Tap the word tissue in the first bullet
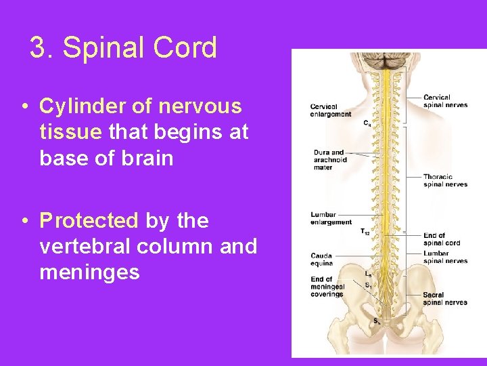[69, 132]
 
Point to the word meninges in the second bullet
[89, 272]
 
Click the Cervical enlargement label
[331, 110]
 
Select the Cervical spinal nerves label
[445, 101]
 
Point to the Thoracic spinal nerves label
[445, 180]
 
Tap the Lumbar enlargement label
[331, 218]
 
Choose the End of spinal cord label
[442, 239]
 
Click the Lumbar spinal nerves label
[445, 257]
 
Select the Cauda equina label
[322, 260]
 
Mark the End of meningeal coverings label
[328, 286]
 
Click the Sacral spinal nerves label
[445, 299]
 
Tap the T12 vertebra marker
[365, 232]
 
